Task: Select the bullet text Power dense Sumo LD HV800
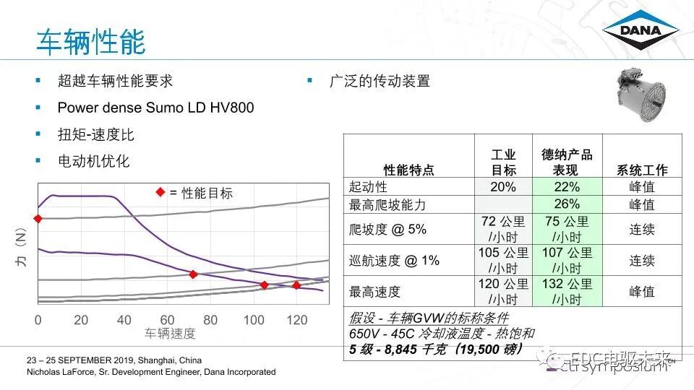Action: point(155,108)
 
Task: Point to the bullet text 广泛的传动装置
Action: point(380,81)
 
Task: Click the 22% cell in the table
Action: point(567,187)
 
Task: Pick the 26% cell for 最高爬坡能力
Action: point(567,204)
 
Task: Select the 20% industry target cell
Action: point(503,187)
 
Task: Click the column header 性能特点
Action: point(409,170)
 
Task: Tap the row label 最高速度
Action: point(374,292)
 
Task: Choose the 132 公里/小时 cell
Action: point(567,292)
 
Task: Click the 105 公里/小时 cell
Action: point(503,261)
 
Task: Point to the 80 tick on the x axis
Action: point(210,321)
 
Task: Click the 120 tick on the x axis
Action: point(296,321)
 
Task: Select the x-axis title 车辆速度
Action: point(170,334)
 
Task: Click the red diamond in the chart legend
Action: point(160,193)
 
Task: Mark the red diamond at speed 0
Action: point(38,218)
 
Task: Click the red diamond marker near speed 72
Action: point(193,274)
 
